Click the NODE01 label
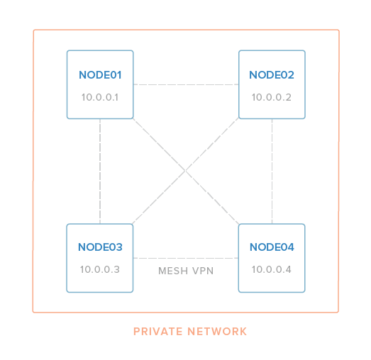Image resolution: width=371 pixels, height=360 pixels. [x=100, y=75]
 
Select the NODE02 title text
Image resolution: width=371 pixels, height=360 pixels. [x=272, y=75]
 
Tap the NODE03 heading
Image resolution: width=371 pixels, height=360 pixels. [x=100, y=247]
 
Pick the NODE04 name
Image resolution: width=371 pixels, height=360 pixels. [x=272, y=247]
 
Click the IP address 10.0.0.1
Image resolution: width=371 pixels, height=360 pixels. [x=100, y=97]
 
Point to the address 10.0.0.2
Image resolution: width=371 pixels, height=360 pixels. [x=272, y=97]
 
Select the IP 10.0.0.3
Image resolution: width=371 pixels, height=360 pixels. [x=100, y=269]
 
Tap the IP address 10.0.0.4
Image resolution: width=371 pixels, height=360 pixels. [x=272, y=269]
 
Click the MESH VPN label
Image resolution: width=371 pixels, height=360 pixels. [x=186, y=271]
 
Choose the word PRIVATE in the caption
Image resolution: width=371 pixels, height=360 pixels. [x=157, y=332]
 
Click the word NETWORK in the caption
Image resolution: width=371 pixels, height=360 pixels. [x=217, y=332]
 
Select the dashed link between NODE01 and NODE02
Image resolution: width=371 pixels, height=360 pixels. [x=186, y=84]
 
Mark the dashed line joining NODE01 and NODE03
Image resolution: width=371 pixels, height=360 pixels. [x=100, y=171]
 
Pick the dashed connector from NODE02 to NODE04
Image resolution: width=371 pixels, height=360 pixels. [x=272, y=171]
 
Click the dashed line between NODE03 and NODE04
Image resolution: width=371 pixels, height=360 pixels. [x=186, y=258]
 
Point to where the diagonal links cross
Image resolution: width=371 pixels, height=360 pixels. [x=186, y=171]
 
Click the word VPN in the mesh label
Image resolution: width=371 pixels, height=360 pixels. [x=203, y=271]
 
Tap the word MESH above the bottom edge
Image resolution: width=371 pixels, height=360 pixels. [x=173, y=271]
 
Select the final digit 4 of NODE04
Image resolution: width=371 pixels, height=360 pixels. [x=291, y=247]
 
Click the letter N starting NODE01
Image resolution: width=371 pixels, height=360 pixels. [x=83, y=75]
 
